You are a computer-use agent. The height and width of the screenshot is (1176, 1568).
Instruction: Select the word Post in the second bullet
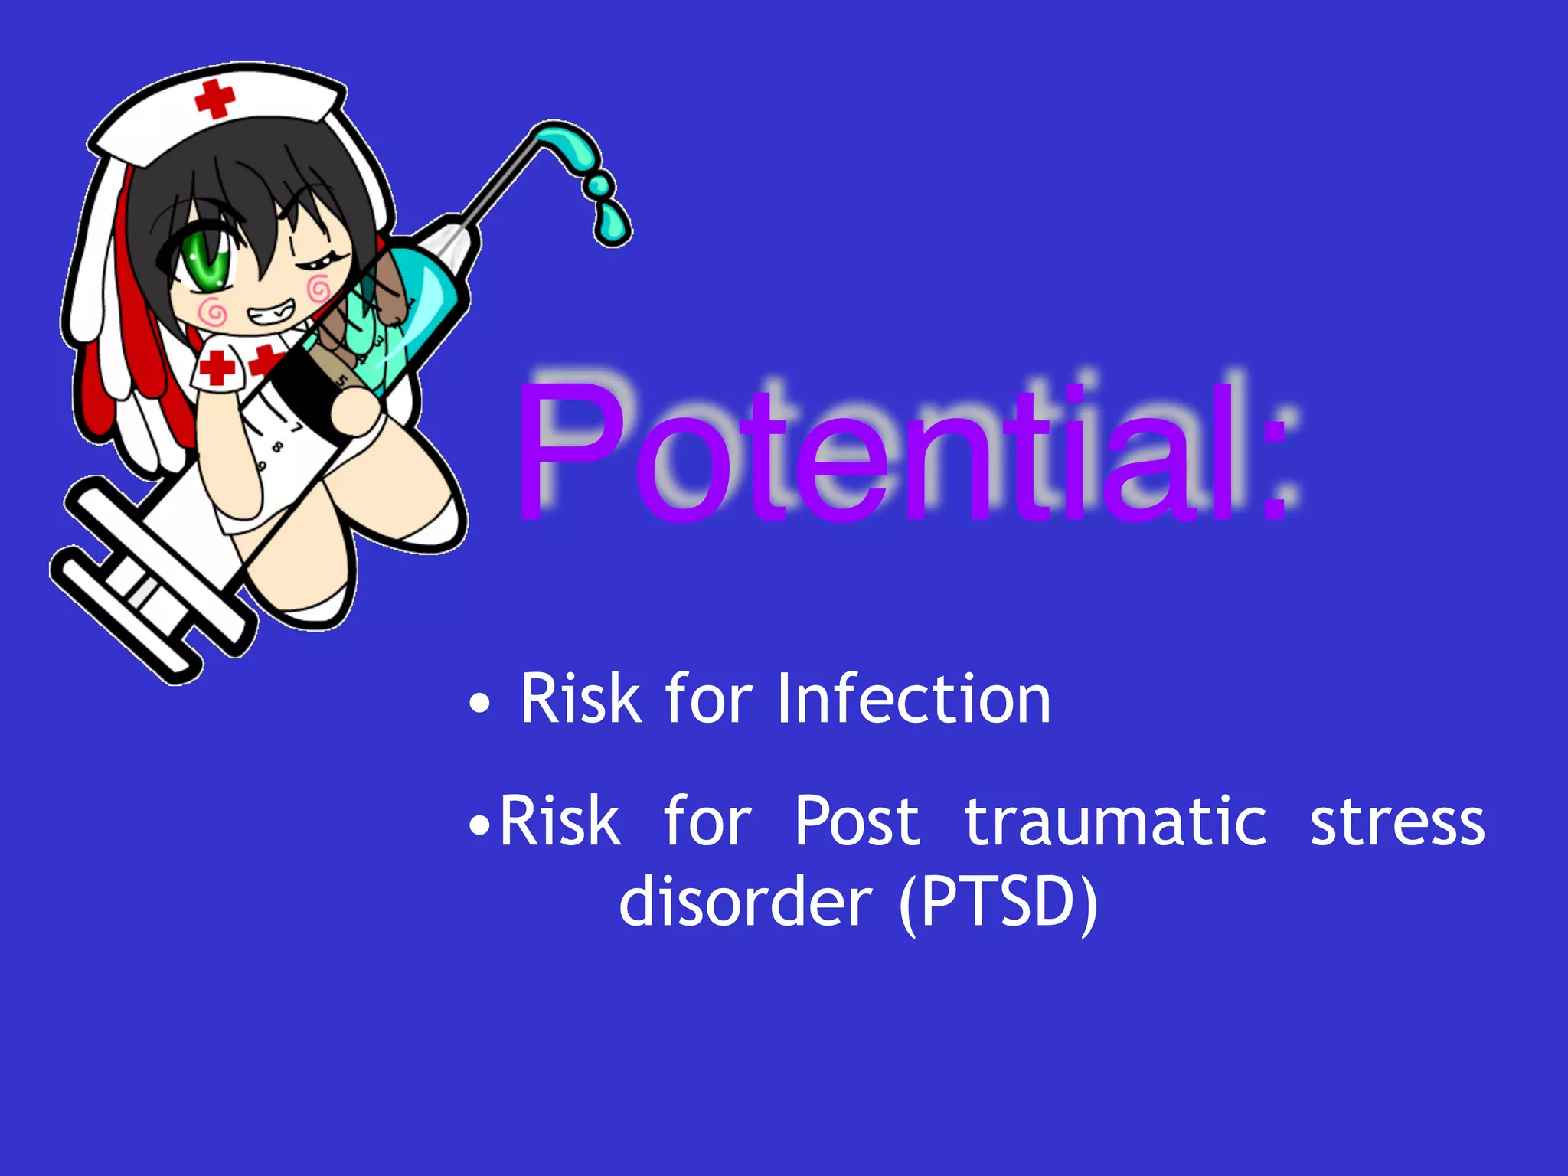pos(857,822)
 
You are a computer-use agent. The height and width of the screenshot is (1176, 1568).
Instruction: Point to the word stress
pos(1397,822)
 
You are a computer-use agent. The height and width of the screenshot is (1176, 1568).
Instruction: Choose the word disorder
pos(745,902)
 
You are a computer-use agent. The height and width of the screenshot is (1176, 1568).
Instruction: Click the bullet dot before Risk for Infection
pos(479,704)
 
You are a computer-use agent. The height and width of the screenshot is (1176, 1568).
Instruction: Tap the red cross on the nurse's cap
pos(214,100)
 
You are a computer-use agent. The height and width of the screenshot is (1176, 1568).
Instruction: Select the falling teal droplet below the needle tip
pos(611,224)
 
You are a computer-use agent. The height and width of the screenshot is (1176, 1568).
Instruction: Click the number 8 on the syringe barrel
pos(278,446)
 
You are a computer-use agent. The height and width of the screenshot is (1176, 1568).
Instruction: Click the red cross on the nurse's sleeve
pos(217,367)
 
